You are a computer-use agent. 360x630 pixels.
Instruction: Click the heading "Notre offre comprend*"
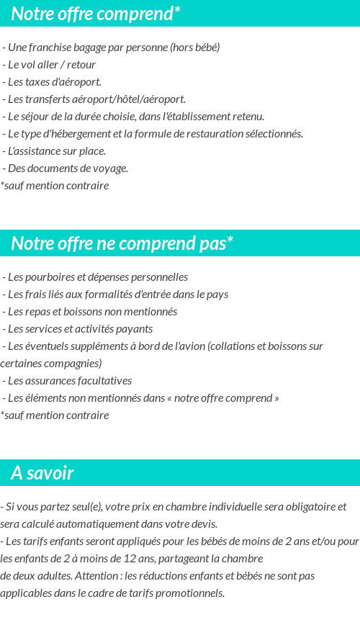pos(96,13)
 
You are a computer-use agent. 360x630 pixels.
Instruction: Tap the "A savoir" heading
pos(42,473)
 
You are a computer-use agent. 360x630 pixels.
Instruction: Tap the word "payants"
pos(135,329)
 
